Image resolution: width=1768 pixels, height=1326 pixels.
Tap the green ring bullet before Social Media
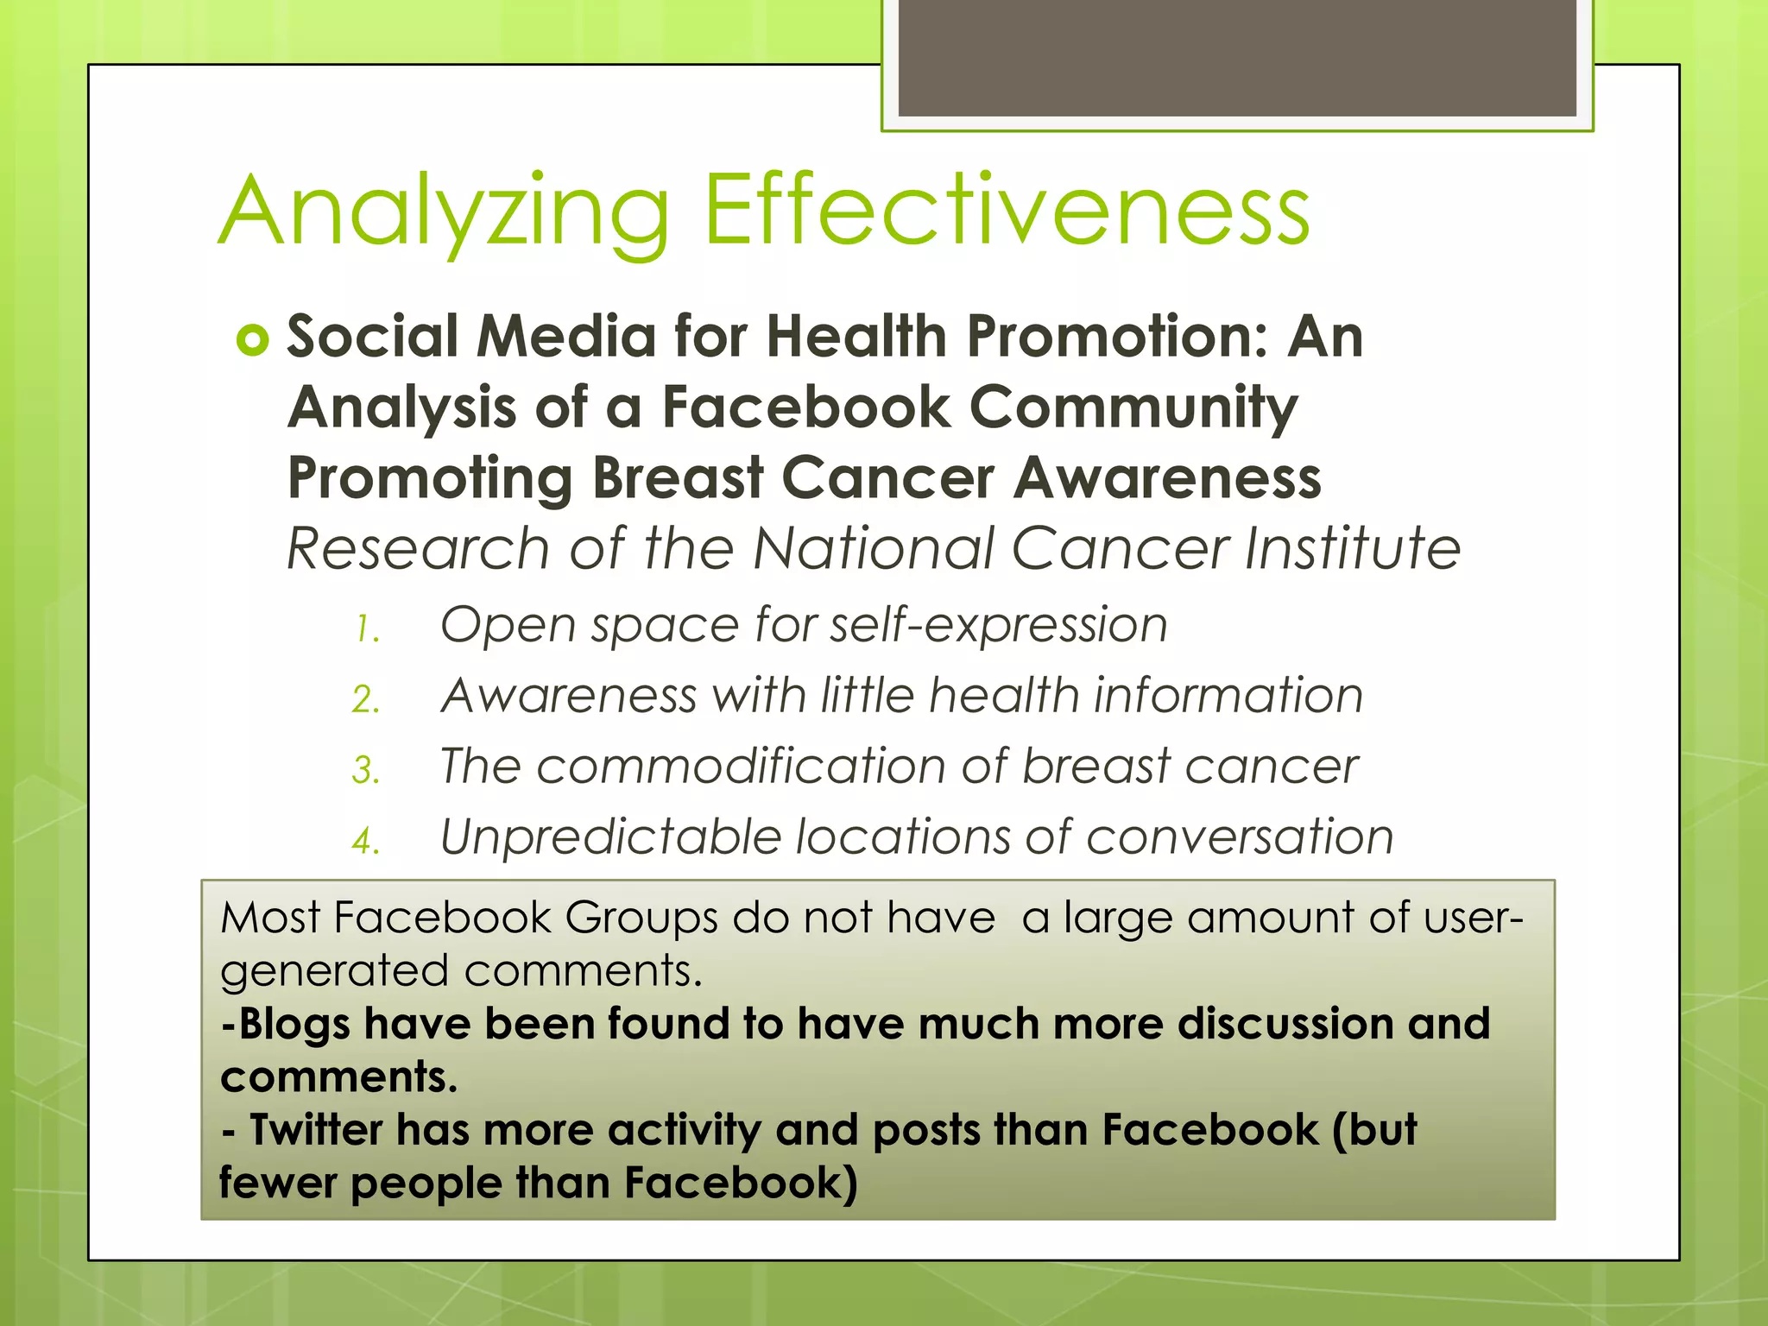253,341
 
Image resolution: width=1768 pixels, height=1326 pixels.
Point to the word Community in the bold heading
1133,407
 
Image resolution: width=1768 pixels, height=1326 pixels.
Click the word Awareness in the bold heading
1167,478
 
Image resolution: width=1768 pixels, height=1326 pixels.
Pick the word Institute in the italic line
1353,548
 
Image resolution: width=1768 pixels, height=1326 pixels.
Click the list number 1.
366,629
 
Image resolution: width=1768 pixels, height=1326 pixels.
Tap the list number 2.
366,700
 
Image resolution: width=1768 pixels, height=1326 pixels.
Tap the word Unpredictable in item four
609,837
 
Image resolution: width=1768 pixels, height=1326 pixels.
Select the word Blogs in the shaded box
294,1025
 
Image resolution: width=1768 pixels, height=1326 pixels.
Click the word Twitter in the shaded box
315,1130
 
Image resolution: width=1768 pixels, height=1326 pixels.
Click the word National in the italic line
873,548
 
